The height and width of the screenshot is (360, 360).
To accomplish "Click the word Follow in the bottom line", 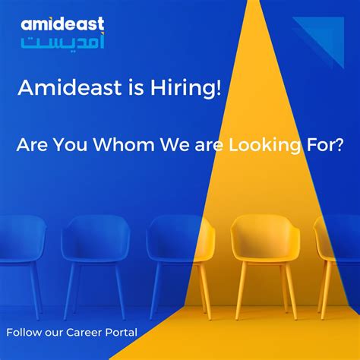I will pos(24,332).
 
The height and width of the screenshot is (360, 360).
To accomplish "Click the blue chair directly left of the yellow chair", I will pos(174,251).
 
